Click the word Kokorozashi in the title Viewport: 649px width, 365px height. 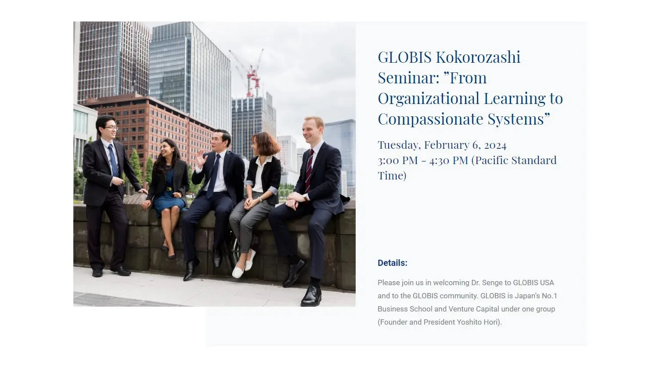(x=478, y=57)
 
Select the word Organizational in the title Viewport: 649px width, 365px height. (x=429, y=98)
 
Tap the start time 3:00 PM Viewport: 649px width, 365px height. (x=398, y=161)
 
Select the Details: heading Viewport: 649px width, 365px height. (x=392, y=263)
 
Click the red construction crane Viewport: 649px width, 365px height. (x=251, y=74)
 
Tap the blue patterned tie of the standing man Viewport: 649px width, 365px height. (x=113, y=160)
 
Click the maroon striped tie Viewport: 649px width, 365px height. (x=309, y=170)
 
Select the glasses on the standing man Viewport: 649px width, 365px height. (x=111, y=128)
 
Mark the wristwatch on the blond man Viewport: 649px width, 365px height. (x=305, y=197)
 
